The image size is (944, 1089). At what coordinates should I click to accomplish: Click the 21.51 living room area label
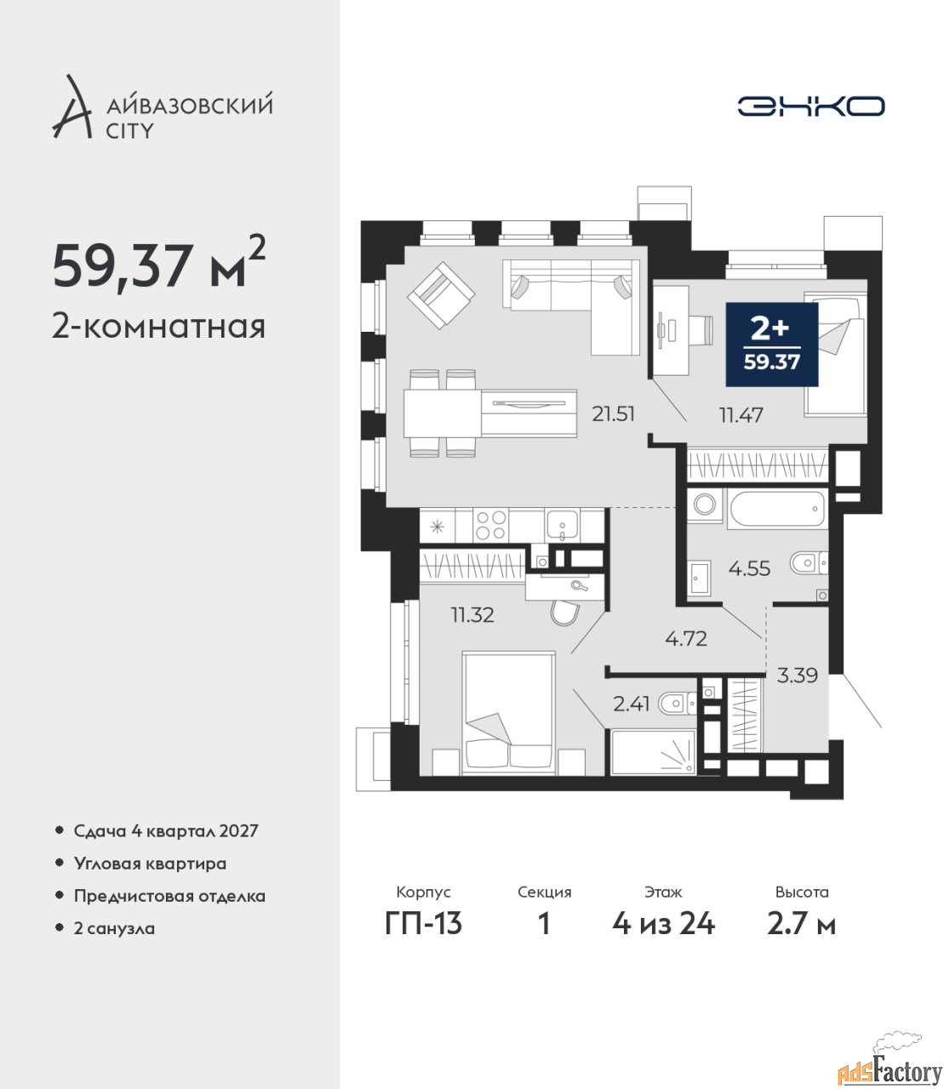[x=613, y=414]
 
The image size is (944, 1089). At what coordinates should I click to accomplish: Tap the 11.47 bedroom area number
[x=741, y=416]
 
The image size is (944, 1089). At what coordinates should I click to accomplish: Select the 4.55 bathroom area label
[x=749, y=569]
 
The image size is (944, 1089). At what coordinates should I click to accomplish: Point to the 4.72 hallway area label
[x=686, y=639]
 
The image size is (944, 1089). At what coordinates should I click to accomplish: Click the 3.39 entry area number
[x=797, y=676]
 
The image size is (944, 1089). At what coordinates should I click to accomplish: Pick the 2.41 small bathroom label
[x=632, y=704]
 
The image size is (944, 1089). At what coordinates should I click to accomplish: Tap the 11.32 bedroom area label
[x=472, y=615]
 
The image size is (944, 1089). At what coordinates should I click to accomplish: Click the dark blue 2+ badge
[x=772, y=345]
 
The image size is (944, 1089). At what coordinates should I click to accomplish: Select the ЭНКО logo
[x=810, y=106]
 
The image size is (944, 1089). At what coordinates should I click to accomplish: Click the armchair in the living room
[x=441, y=295]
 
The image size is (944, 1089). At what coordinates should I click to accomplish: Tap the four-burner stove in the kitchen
[x=490, y=525]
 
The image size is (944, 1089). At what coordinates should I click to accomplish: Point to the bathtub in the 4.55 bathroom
[x=776, y=509]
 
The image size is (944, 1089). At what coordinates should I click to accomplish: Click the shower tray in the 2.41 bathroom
[x=654, y=753]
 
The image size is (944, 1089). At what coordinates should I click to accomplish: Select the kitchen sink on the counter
[x=562, y=525]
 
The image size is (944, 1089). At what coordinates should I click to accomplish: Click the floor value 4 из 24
[x=663, y=924]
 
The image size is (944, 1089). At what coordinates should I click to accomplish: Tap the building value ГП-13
[x=423, y=924]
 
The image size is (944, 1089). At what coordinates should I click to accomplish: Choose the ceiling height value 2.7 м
[x=801, y=924]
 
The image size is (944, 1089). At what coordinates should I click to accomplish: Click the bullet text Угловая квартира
[x=150, y=864]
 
